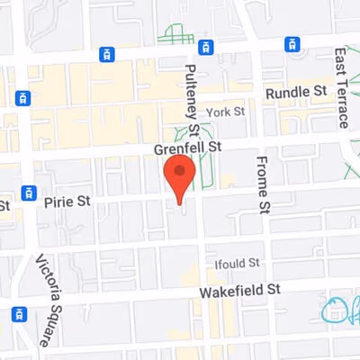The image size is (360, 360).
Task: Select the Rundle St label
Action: tap(294, 92)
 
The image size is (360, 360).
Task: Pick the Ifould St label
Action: tap(237, 264)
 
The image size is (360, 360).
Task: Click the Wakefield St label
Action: tap(241, 290)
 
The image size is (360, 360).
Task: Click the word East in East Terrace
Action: tap(343, 62)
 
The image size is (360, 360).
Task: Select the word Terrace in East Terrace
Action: tap(343, 102)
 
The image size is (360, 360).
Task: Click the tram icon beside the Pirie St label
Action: tap(29, 191)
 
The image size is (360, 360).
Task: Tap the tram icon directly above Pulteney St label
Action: tap(206, 45)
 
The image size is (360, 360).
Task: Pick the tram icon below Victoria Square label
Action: tap(18, 314)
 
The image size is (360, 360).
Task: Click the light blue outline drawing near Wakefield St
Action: tap(338, 310)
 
